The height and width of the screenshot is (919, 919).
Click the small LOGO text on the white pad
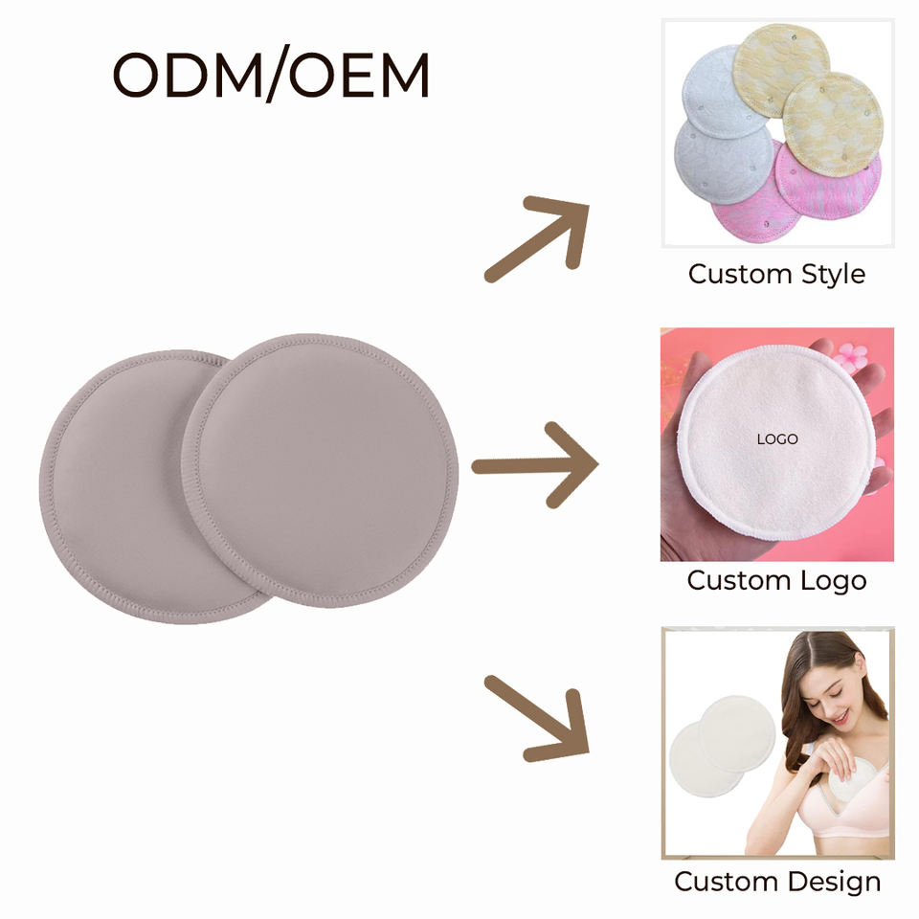pyautogui.click(x=776, y=439)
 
